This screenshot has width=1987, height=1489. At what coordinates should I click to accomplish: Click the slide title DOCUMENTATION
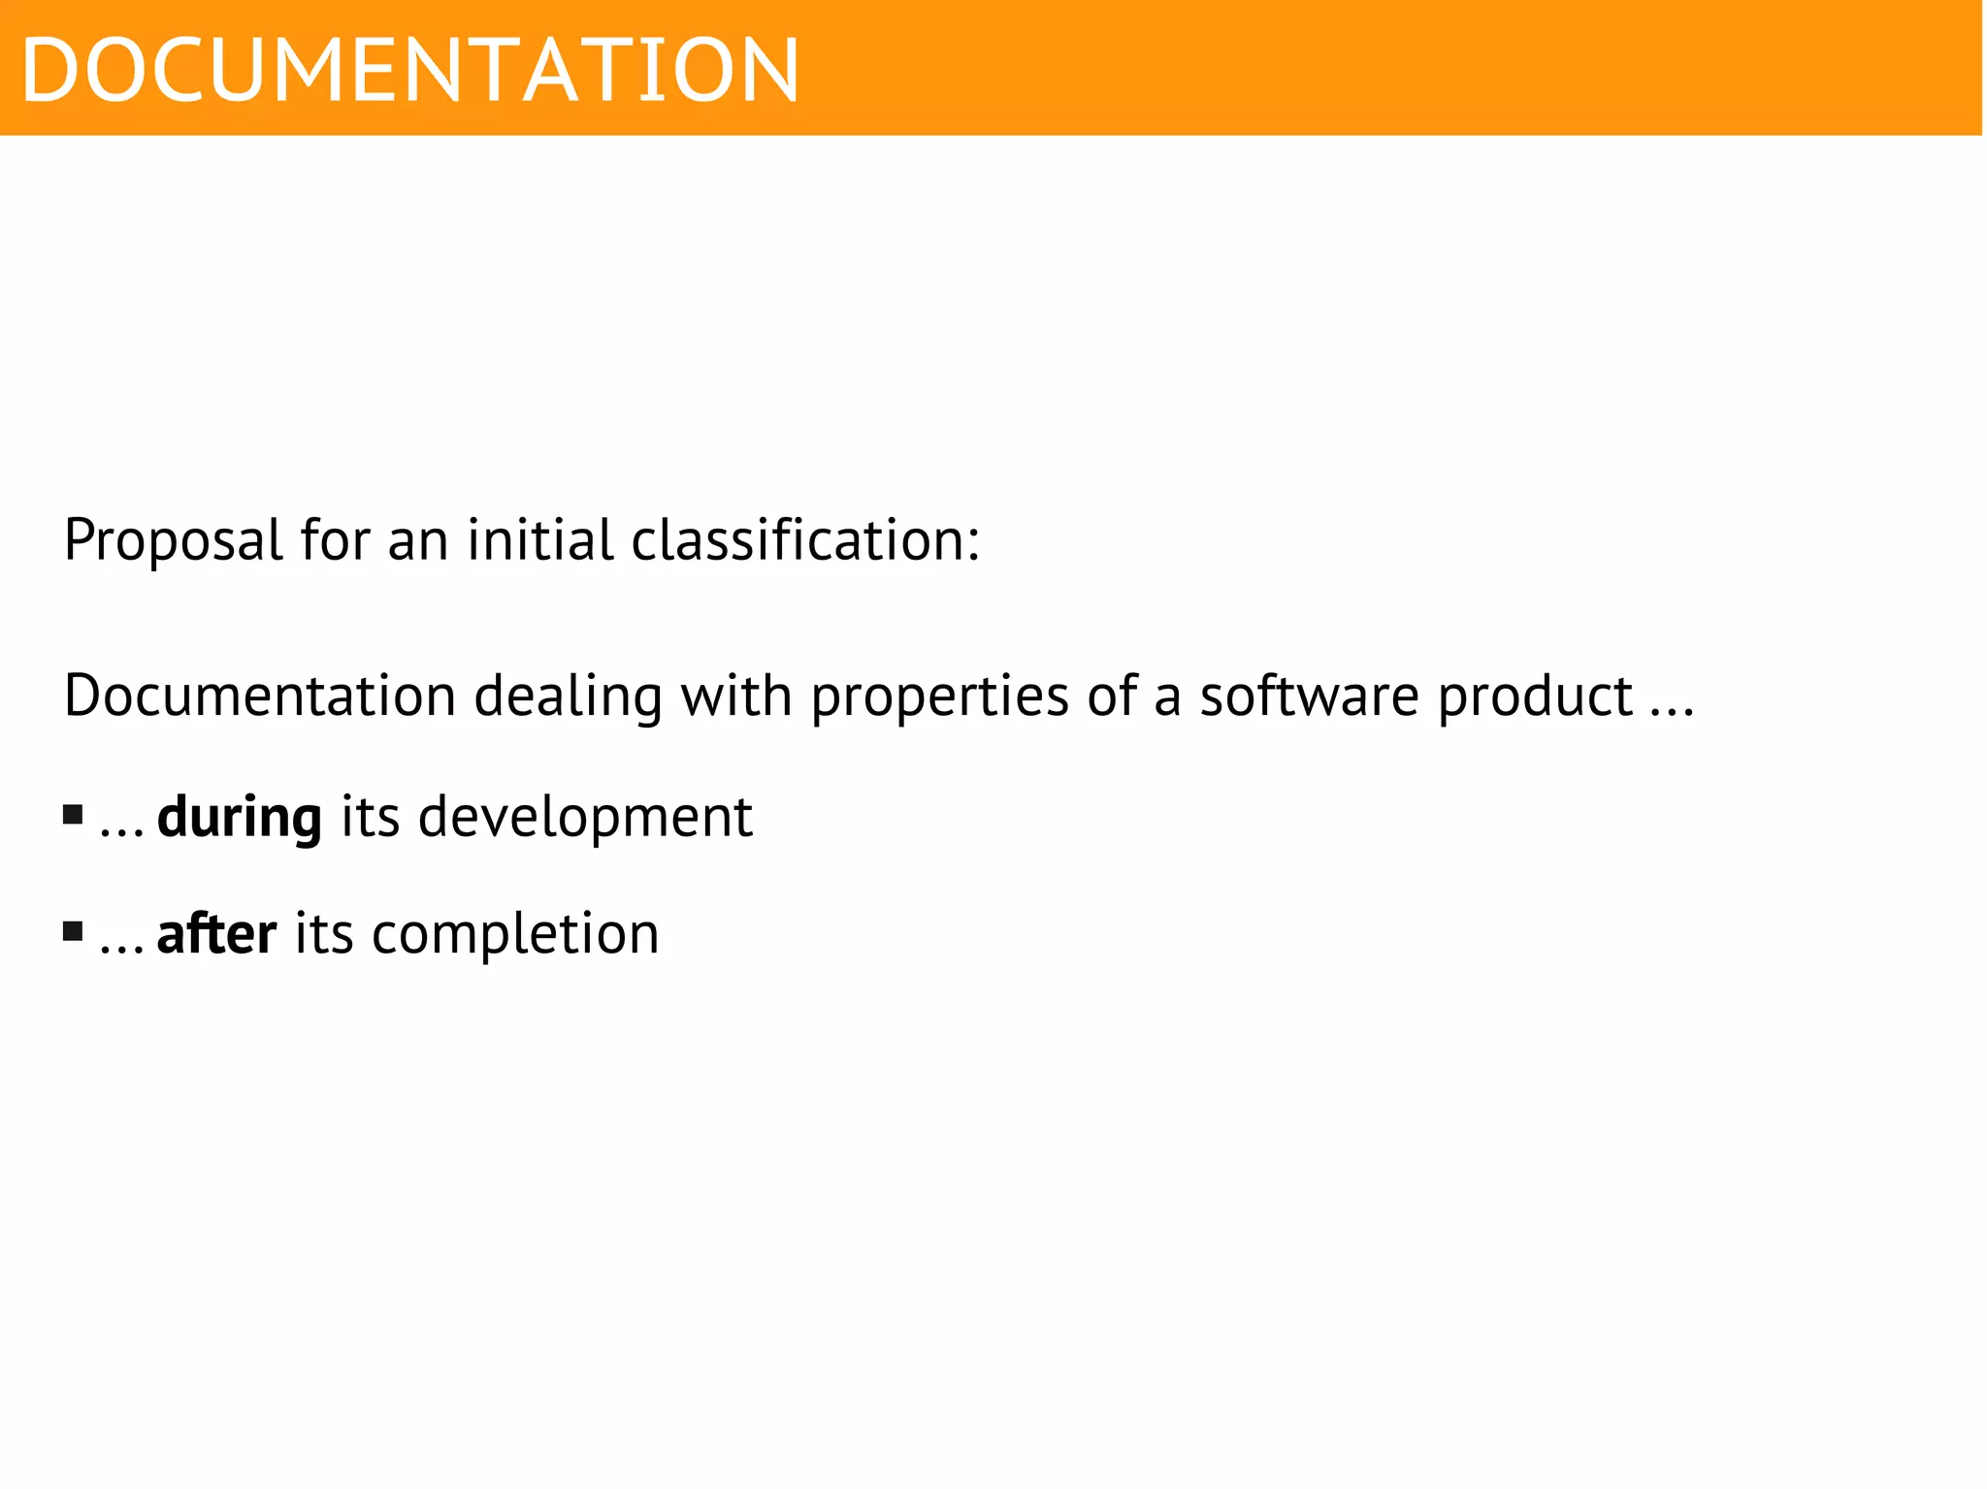[x=409, y=70]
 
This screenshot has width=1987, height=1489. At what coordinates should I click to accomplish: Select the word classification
[x=805, y=539]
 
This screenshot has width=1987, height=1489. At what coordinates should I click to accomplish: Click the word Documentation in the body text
[x=260, y=696]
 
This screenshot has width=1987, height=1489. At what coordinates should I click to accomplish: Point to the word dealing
[x=568, y=696]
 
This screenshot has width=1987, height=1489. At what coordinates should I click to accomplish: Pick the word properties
[x=939, y=696]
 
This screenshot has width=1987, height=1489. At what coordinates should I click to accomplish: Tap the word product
[x=1535, y=696]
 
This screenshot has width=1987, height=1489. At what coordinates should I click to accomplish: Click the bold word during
[x=239, y=818]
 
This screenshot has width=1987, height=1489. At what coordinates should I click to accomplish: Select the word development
[x=585, y=817]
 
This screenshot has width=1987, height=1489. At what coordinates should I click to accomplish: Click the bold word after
[x=216, y=933]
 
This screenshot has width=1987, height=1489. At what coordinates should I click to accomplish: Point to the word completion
[x=515, y=934]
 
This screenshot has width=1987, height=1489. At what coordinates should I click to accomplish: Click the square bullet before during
[x=73, y=814]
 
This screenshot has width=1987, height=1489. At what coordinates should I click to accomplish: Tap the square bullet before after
[x=73, y=931]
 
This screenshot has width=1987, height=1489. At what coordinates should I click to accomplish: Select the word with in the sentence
[x=735, y=696]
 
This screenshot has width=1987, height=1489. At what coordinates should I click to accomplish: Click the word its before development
[x=370, y=817]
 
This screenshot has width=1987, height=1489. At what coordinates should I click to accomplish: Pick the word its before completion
[x=324, y=933]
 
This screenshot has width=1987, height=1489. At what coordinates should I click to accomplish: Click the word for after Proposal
[x=335, y=539]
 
